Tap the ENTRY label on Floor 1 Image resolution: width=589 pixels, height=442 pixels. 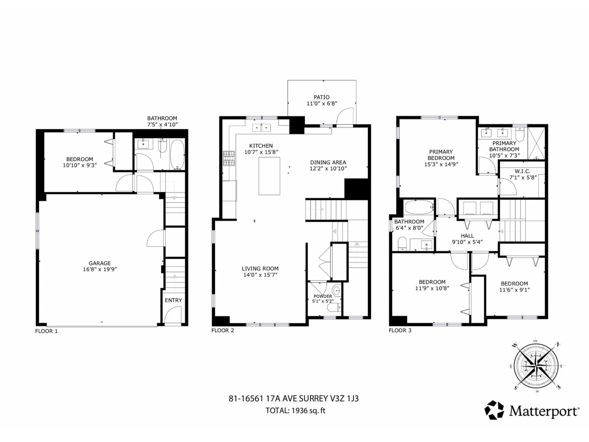pos(173,300)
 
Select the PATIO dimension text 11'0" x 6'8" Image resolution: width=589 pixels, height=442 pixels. pos(322,103)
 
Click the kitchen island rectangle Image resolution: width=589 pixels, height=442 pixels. pos(269,176)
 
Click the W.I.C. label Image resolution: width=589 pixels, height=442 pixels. pos(522,171)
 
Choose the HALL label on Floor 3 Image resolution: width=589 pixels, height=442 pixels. pos(467,236)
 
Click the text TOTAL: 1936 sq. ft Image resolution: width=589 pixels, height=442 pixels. pos(295,411)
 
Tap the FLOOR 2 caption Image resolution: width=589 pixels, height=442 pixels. pos(223,330)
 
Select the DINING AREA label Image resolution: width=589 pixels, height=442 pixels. pos(328,162)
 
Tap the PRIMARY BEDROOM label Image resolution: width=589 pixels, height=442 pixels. pos(441,155)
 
